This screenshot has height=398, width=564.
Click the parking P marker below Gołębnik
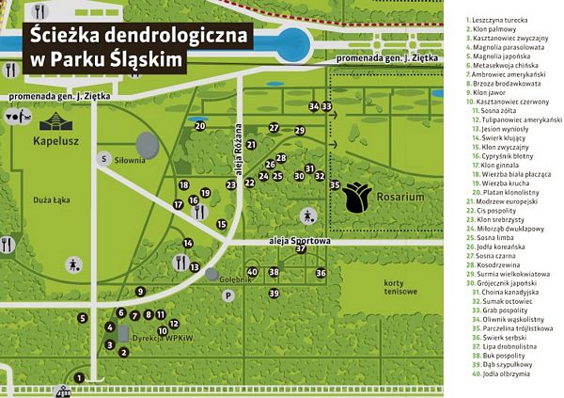[x=227, y=295]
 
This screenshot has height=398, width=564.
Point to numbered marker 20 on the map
[x=200, y=125]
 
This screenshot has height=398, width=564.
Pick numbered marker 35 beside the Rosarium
[x=335, y=185]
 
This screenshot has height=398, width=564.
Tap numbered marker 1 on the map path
[x=79, y=376]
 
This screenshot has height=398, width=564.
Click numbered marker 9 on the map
[x=149, y=315]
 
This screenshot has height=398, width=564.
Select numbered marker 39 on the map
[x=274, y=294]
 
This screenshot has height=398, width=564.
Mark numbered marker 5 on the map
[x=83, y=318]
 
